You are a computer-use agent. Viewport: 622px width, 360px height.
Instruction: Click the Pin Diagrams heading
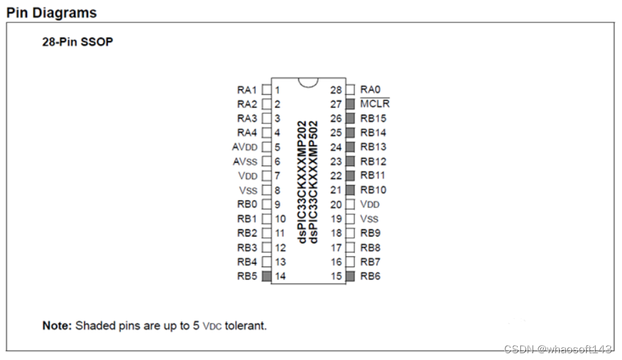pyautogui.click(x=51, y=13)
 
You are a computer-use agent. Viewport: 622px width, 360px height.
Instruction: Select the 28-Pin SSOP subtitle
pyautogui.click(x=78, y=42)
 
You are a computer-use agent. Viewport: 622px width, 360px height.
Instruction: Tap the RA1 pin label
pyautogui.click(x=247, y=89)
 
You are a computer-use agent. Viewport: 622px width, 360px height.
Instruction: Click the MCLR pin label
pyautogui.click(x=375, y=104)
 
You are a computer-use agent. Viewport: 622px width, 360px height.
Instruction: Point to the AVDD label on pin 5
pyautogui.click(x=245, y=147)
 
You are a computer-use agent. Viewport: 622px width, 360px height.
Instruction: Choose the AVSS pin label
pyautogui.click(x=245, y=161)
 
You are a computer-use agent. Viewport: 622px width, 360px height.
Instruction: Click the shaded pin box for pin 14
pyautogui.click(x=267, y=276)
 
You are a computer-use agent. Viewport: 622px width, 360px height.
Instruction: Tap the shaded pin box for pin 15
pyautogui.click(x=350, y=276)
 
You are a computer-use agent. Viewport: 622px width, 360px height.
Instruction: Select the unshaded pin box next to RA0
pyautogui.click(x=350, y=89)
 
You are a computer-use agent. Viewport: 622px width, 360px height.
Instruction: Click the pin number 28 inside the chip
pyautogui.click(x=336, y=89)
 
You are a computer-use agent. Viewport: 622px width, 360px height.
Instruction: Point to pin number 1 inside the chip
pyautogui.click(x=278, y=89)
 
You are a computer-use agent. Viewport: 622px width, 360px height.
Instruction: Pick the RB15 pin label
pyautogui.click(x=373, y=119)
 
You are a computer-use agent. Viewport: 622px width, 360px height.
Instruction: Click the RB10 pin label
pyautogui.click(x=373, y=190)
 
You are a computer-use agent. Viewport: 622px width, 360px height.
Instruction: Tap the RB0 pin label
pyautogui.click(x=247, y=204)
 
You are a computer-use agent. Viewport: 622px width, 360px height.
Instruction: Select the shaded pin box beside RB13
pyautogui.click(x=350, y=147)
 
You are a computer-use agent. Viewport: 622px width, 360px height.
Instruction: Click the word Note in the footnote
pyautogui.click(x=56, y=325)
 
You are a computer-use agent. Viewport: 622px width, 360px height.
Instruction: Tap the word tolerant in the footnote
pyautogui.click(x=246, y=325)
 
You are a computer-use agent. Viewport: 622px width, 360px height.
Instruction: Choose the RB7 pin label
pyautogui.click(x=371, y=262)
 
